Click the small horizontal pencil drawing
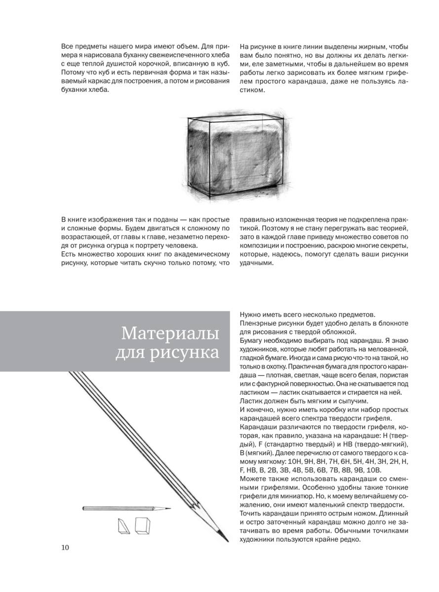[x=126, y=508]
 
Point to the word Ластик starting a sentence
[x=250, y=401]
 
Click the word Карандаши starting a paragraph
[x=258, y=427]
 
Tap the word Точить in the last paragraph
[x=251, y=514]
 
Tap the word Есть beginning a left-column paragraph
[x=69, y=254]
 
